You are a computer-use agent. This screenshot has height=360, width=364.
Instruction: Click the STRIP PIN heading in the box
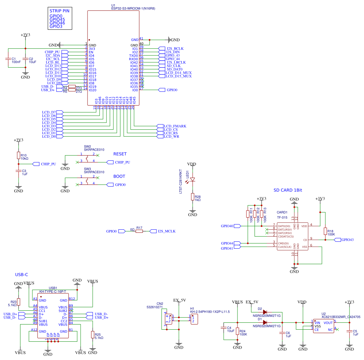click(60, 11)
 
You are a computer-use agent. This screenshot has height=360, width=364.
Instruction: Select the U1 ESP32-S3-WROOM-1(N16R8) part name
click(133, 9)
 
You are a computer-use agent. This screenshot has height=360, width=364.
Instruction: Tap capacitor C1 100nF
click(8, 59)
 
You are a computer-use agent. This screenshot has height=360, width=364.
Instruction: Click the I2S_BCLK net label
click(175, 49)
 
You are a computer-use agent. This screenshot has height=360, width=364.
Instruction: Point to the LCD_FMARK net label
click(175, 126)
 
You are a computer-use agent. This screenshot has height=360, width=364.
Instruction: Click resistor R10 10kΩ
click(19, 156)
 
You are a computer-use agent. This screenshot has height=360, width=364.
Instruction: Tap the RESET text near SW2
click(120, 154)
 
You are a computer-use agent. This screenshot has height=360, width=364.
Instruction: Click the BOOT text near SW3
click(119, 176)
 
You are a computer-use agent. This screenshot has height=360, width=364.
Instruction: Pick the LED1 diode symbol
click(193, 179)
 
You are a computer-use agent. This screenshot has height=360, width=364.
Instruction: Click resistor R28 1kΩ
click(193, 197)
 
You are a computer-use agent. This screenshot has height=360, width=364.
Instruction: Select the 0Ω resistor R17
click(139, 231)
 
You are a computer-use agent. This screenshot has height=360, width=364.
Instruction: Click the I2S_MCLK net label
click(166, 231)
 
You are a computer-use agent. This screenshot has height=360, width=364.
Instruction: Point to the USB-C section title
click(21, 274)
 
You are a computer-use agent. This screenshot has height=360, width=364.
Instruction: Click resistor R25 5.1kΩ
click(93, 334)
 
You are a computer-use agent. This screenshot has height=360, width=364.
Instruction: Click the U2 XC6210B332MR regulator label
click(341, 316)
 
